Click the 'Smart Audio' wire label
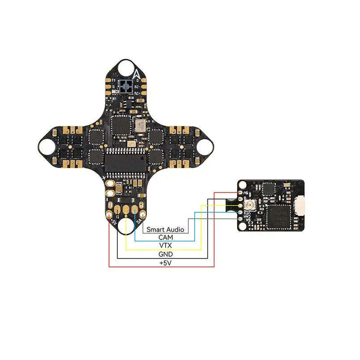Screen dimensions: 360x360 [165, 229]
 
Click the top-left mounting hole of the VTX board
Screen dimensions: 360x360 [242, 184]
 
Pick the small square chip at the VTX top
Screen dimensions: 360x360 [269, 189]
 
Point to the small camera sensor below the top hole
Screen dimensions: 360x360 [125, 86]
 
